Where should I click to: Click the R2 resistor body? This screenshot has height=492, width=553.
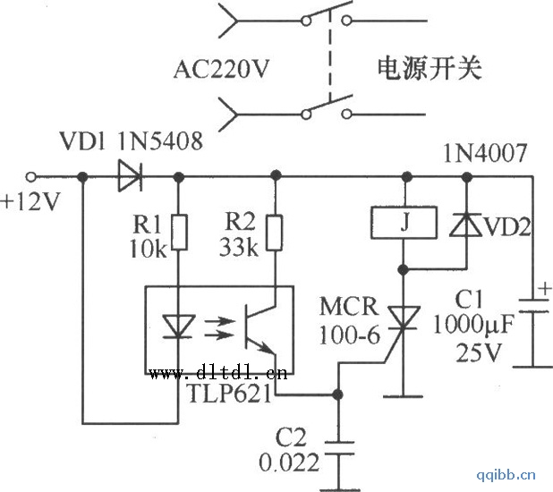(x=276, y=232)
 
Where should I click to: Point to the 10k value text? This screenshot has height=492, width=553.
(x=148, y=249)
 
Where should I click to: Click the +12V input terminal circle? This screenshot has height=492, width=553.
(x=33, y=176)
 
